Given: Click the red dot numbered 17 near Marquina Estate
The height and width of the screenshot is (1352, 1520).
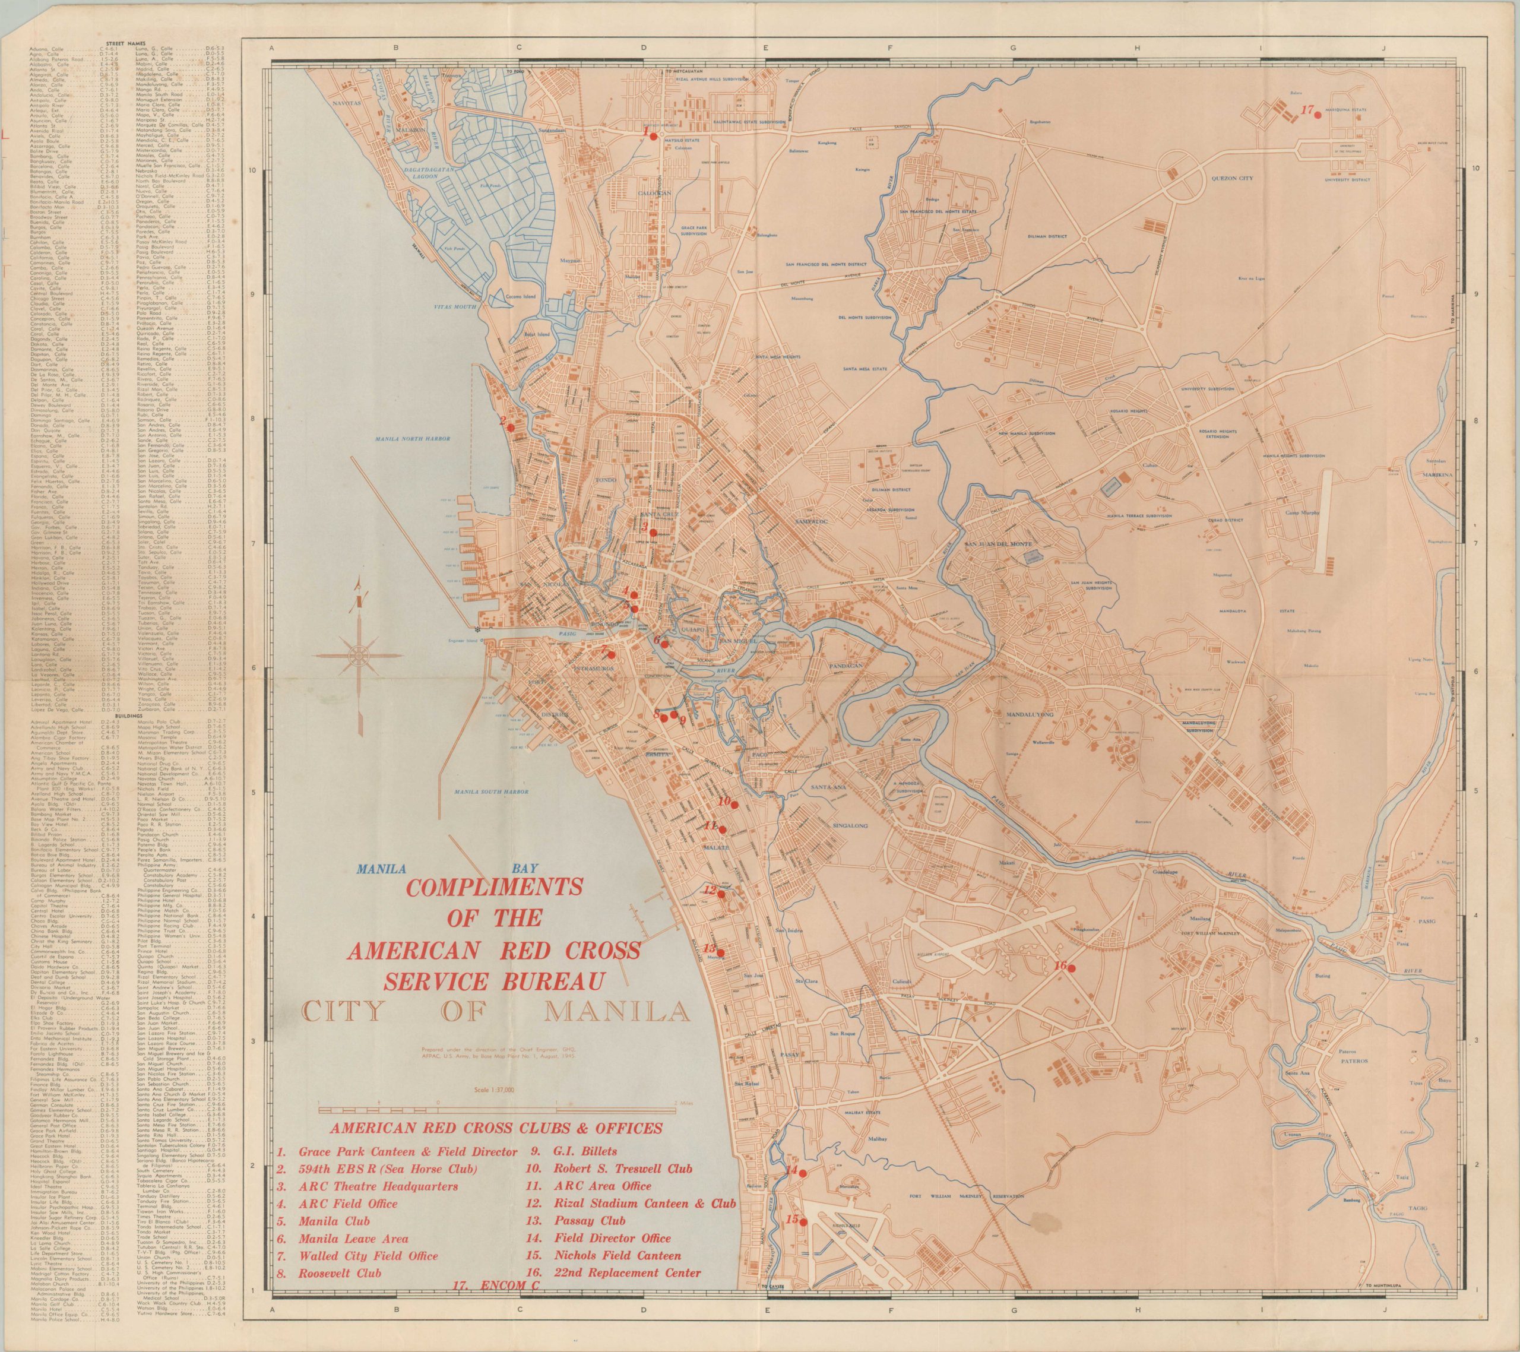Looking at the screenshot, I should pyautogui.click(x=1317, y=115).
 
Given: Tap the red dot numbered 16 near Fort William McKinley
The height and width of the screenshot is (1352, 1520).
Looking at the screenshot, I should pyautogui.click(x=1072, y=967).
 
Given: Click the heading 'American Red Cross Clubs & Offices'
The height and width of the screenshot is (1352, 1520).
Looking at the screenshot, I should pyautogui.click(x=497, y=1128).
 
